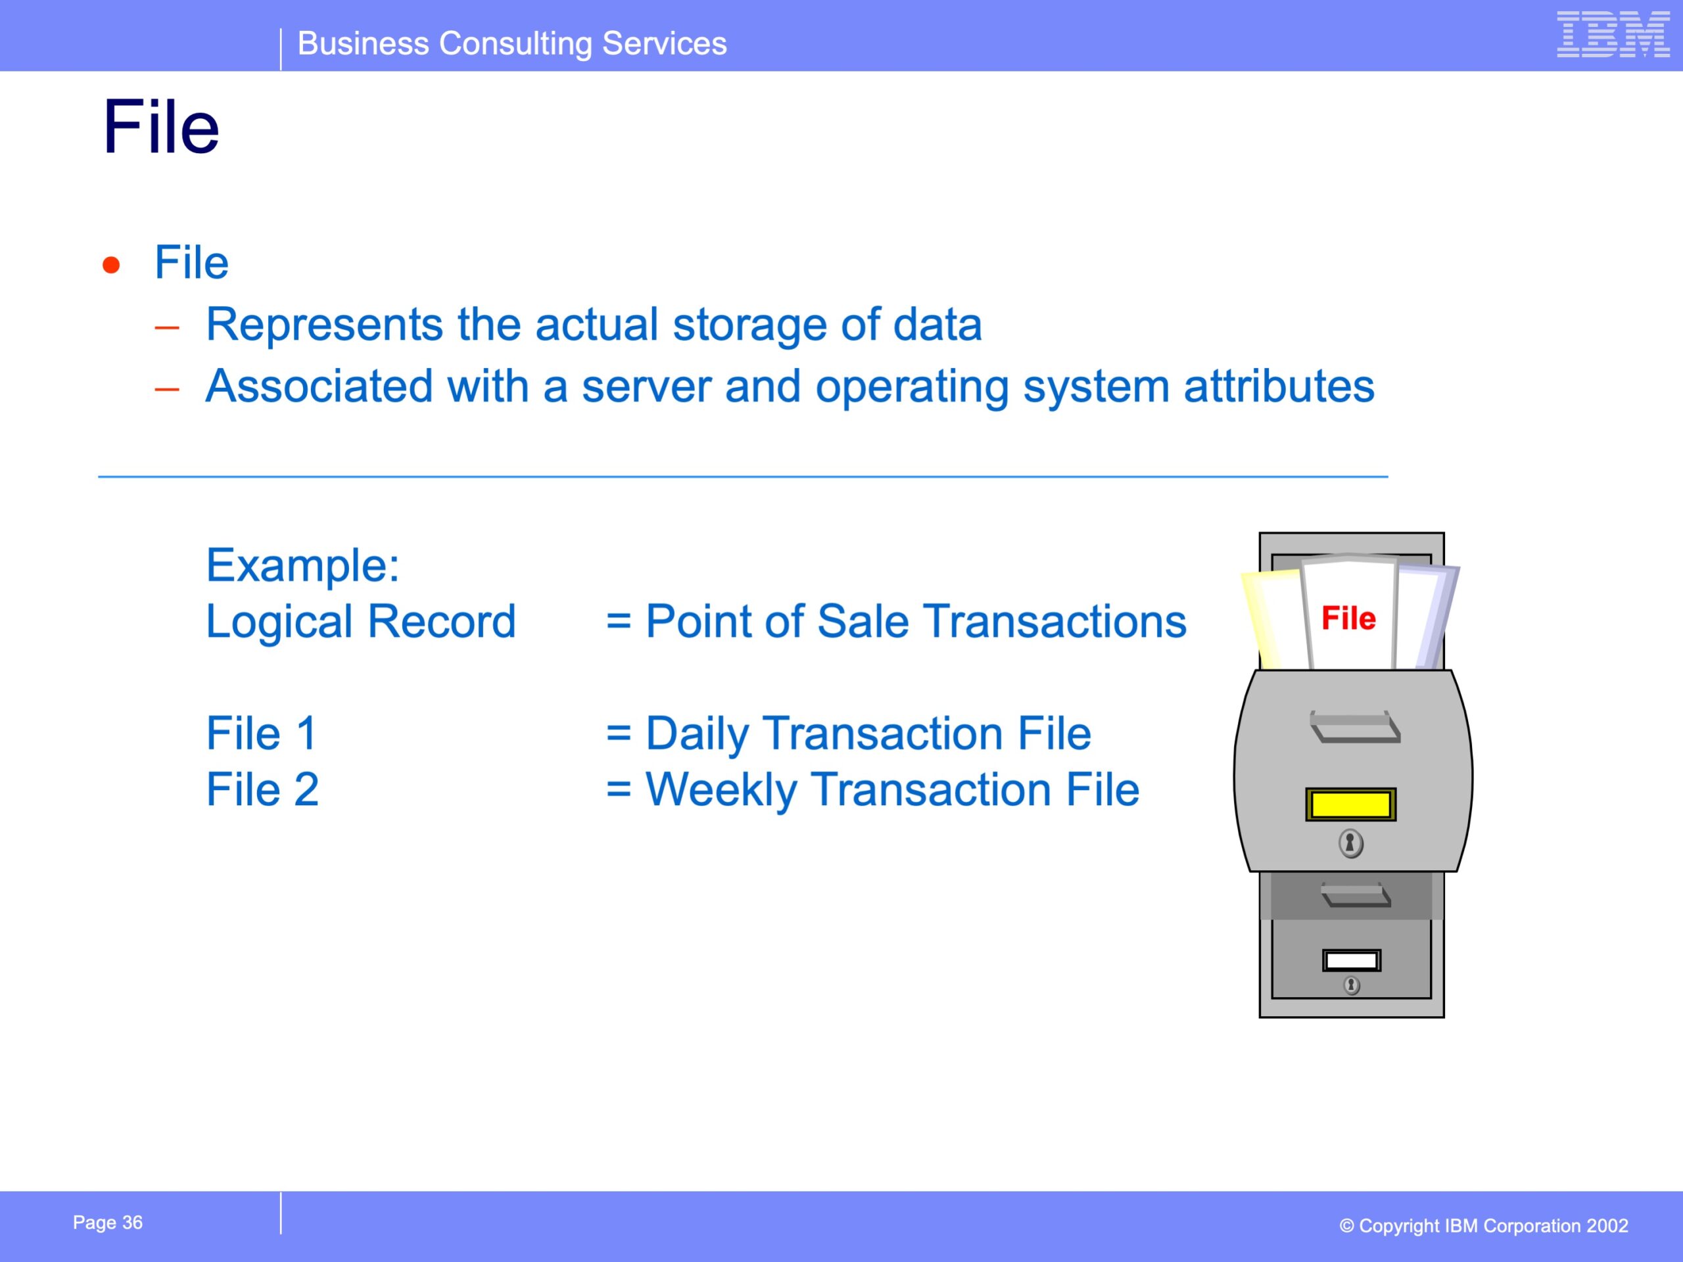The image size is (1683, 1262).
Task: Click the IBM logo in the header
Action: click(x=1613, y=34)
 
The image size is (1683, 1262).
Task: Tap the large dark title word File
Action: click(x=161, y=127)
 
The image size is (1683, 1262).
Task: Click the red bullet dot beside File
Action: click(x=111, y=265)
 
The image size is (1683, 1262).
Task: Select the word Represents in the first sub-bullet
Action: click(x=324, y=325)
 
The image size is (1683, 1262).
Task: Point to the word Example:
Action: click(x=303, y=565)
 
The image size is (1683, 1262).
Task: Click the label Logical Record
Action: click(x=362, y=622)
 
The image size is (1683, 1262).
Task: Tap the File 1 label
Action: click(x=262, y=734)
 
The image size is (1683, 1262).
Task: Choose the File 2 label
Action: click(x=262, y=789)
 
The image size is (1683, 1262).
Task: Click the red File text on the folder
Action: click(x=1348, y=618)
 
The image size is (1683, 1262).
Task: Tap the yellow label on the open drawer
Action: click(x=1350, y=805)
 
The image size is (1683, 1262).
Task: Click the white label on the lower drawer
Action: click(x=1351, y=961)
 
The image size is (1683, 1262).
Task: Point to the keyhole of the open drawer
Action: click(x=1350, y=843)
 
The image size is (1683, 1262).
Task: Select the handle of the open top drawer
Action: click(x=1355, y=726)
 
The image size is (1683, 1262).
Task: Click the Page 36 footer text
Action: click(x=107, y=1222)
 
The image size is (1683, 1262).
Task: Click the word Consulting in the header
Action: click(x=516, y=44)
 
